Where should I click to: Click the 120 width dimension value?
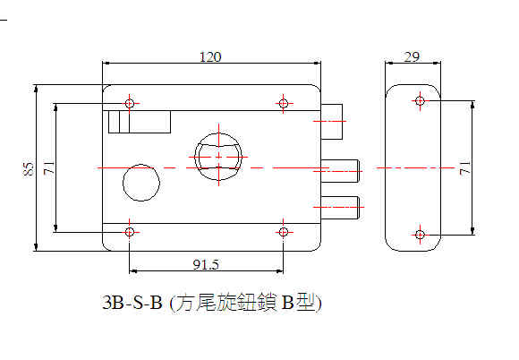[x=210, y=57]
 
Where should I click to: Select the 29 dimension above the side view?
[x=412, y=57]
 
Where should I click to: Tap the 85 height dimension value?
[x=30, y=169]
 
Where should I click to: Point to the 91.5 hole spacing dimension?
[x=206, y=264]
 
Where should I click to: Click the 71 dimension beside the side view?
[x=465, y=168]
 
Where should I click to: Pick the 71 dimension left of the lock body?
[x=49, y=168]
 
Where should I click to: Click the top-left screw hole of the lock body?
[x=130, y=103]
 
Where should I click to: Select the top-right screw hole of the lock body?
[x=283, y=103]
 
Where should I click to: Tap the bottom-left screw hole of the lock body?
[x=130, y=232]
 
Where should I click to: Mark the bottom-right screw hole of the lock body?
[x=283, y=232]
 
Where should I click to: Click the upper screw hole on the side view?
[x=420, y=100]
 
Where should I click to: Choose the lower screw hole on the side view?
[x=420, y=235]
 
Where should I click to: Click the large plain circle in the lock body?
[x=141, y=183]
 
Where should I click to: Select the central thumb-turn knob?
[x=218, y=157]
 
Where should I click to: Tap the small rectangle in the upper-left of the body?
[x=140, y=122]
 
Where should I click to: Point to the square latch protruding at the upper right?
[x=332, y=122]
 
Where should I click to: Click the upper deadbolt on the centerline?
[x=340, y=171]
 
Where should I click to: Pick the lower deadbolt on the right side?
[x=340, y=208]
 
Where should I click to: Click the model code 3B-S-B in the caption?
[x=132, y=303]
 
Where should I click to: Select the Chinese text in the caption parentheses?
[x=245, y=303]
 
